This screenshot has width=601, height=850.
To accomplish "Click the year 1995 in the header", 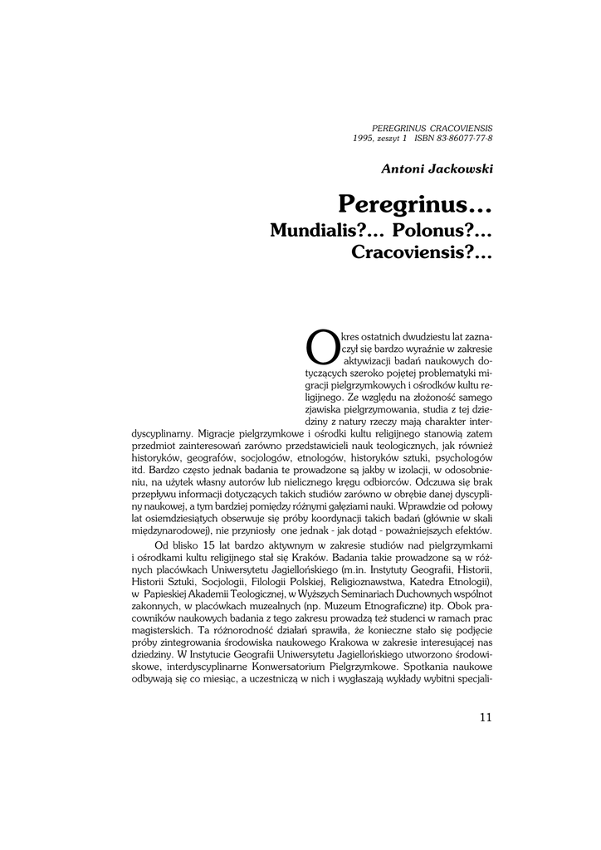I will pyautogui.click(x=362, y=138).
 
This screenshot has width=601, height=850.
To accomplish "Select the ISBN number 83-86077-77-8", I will pyautogui.click(x=464, y=138).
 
